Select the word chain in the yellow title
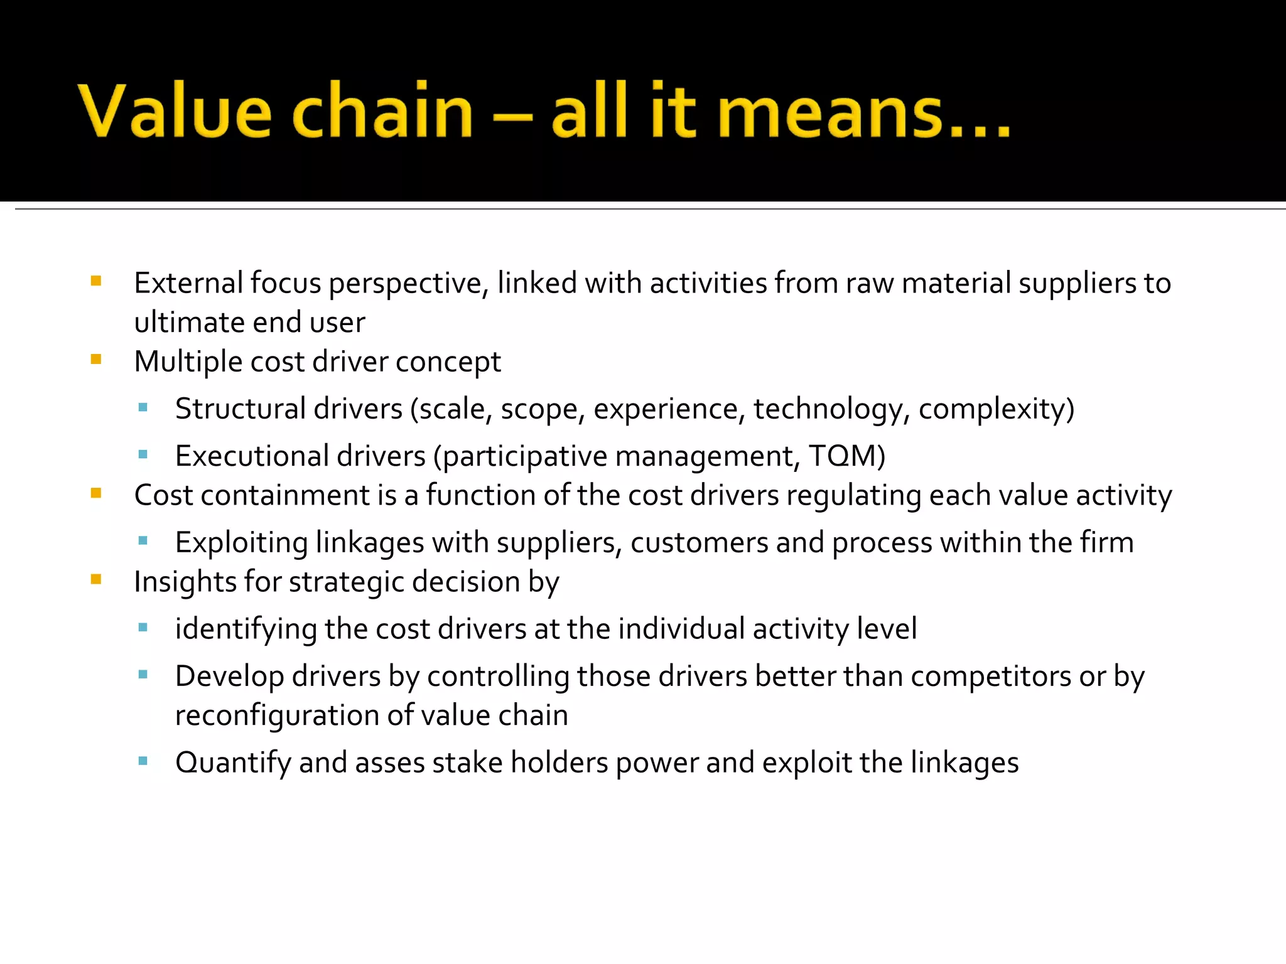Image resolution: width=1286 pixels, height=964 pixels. click(382, 111)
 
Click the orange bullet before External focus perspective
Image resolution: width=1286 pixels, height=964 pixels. click(96, 281)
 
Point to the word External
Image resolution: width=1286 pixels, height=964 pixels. click(188, 283)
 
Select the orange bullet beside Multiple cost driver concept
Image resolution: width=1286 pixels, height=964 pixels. click(96, 360)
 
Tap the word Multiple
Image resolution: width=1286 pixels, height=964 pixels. click(188, 362)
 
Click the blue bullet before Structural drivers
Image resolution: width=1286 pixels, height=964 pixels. click(143, 407)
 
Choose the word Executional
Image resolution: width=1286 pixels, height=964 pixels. click(252, 456)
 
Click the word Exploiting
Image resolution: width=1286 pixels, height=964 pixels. click(241, 543)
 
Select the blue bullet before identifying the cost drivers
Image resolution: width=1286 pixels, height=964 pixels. click(143, 627)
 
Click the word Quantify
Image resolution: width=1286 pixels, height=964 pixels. click(232, 763)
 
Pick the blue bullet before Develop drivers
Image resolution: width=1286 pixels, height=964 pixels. click(143, 675)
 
